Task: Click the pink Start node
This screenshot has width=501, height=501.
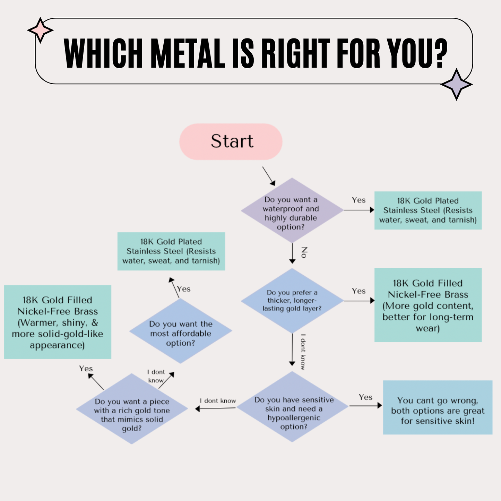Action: pyautogui.click(x=231, y=141)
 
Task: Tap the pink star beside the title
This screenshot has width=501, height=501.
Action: pyautogui.click(x=40, y=31)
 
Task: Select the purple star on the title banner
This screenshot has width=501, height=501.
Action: pyautogui.click(x=456, y=84)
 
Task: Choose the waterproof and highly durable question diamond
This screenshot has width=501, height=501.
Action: pyautogui.click(x=292, y=210)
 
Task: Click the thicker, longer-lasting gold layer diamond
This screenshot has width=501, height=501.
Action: pyautogui.click(x=292, y=301)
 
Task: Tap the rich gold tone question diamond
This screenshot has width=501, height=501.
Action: pyautogui.click(x=132, y=409)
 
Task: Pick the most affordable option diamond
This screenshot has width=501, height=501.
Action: pyautogui.click(x=181, y=331)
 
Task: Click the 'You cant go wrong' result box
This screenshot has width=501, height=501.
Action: pyautogui.click(x=438, y=407)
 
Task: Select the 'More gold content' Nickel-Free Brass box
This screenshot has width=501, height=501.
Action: pyautogui.click(x=428, y=305)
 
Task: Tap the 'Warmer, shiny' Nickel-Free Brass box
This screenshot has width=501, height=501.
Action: pyautogui.click(x=58, y=322)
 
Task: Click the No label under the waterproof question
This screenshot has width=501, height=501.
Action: pyautogui.click(x=304, y=252)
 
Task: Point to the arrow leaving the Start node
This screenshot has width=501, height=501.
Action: pyautogui.click(x=269, y=176)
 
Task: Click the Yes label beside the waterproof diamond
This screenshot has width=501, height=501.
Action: pyautogui.click(x=359, y=200)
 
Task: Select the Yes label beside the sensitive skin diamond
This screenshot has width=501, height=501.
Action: pyautogui.click(x=365, y=397)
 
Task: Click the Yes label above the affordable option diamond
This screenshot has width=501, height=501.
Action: pyautogui.click(x=184, y=289)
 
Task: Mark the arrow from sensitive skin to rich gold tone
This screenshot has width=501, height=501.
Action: pyautogui.click(x=216, y=408)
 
